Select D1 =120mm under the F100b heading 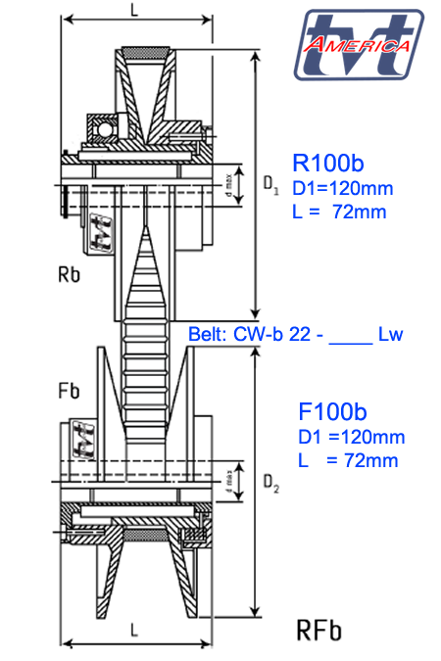pos(350,437)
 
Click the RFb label pos(319,629)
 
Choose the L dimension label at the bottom pos(133,633)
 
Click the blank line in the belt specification pos(349,336)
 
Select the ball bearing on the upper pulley pos(102,128)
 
